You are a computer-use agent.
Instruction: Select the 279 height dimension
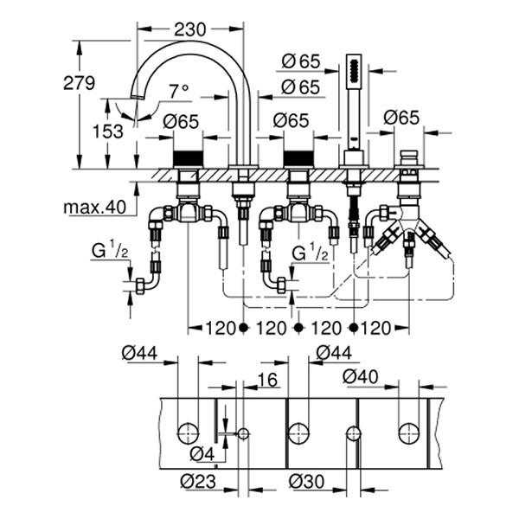pyautogui.click(x=80, y=84)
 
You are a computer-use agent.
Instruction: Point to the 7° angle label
pyautogui.click(x=179, y=91)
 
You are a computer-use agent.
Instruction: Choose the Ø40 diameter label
pyautogui.click(x=362, y=377)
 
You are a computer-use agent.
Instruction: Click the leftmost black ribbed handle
pyautogui.click(x=187, y=160)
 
